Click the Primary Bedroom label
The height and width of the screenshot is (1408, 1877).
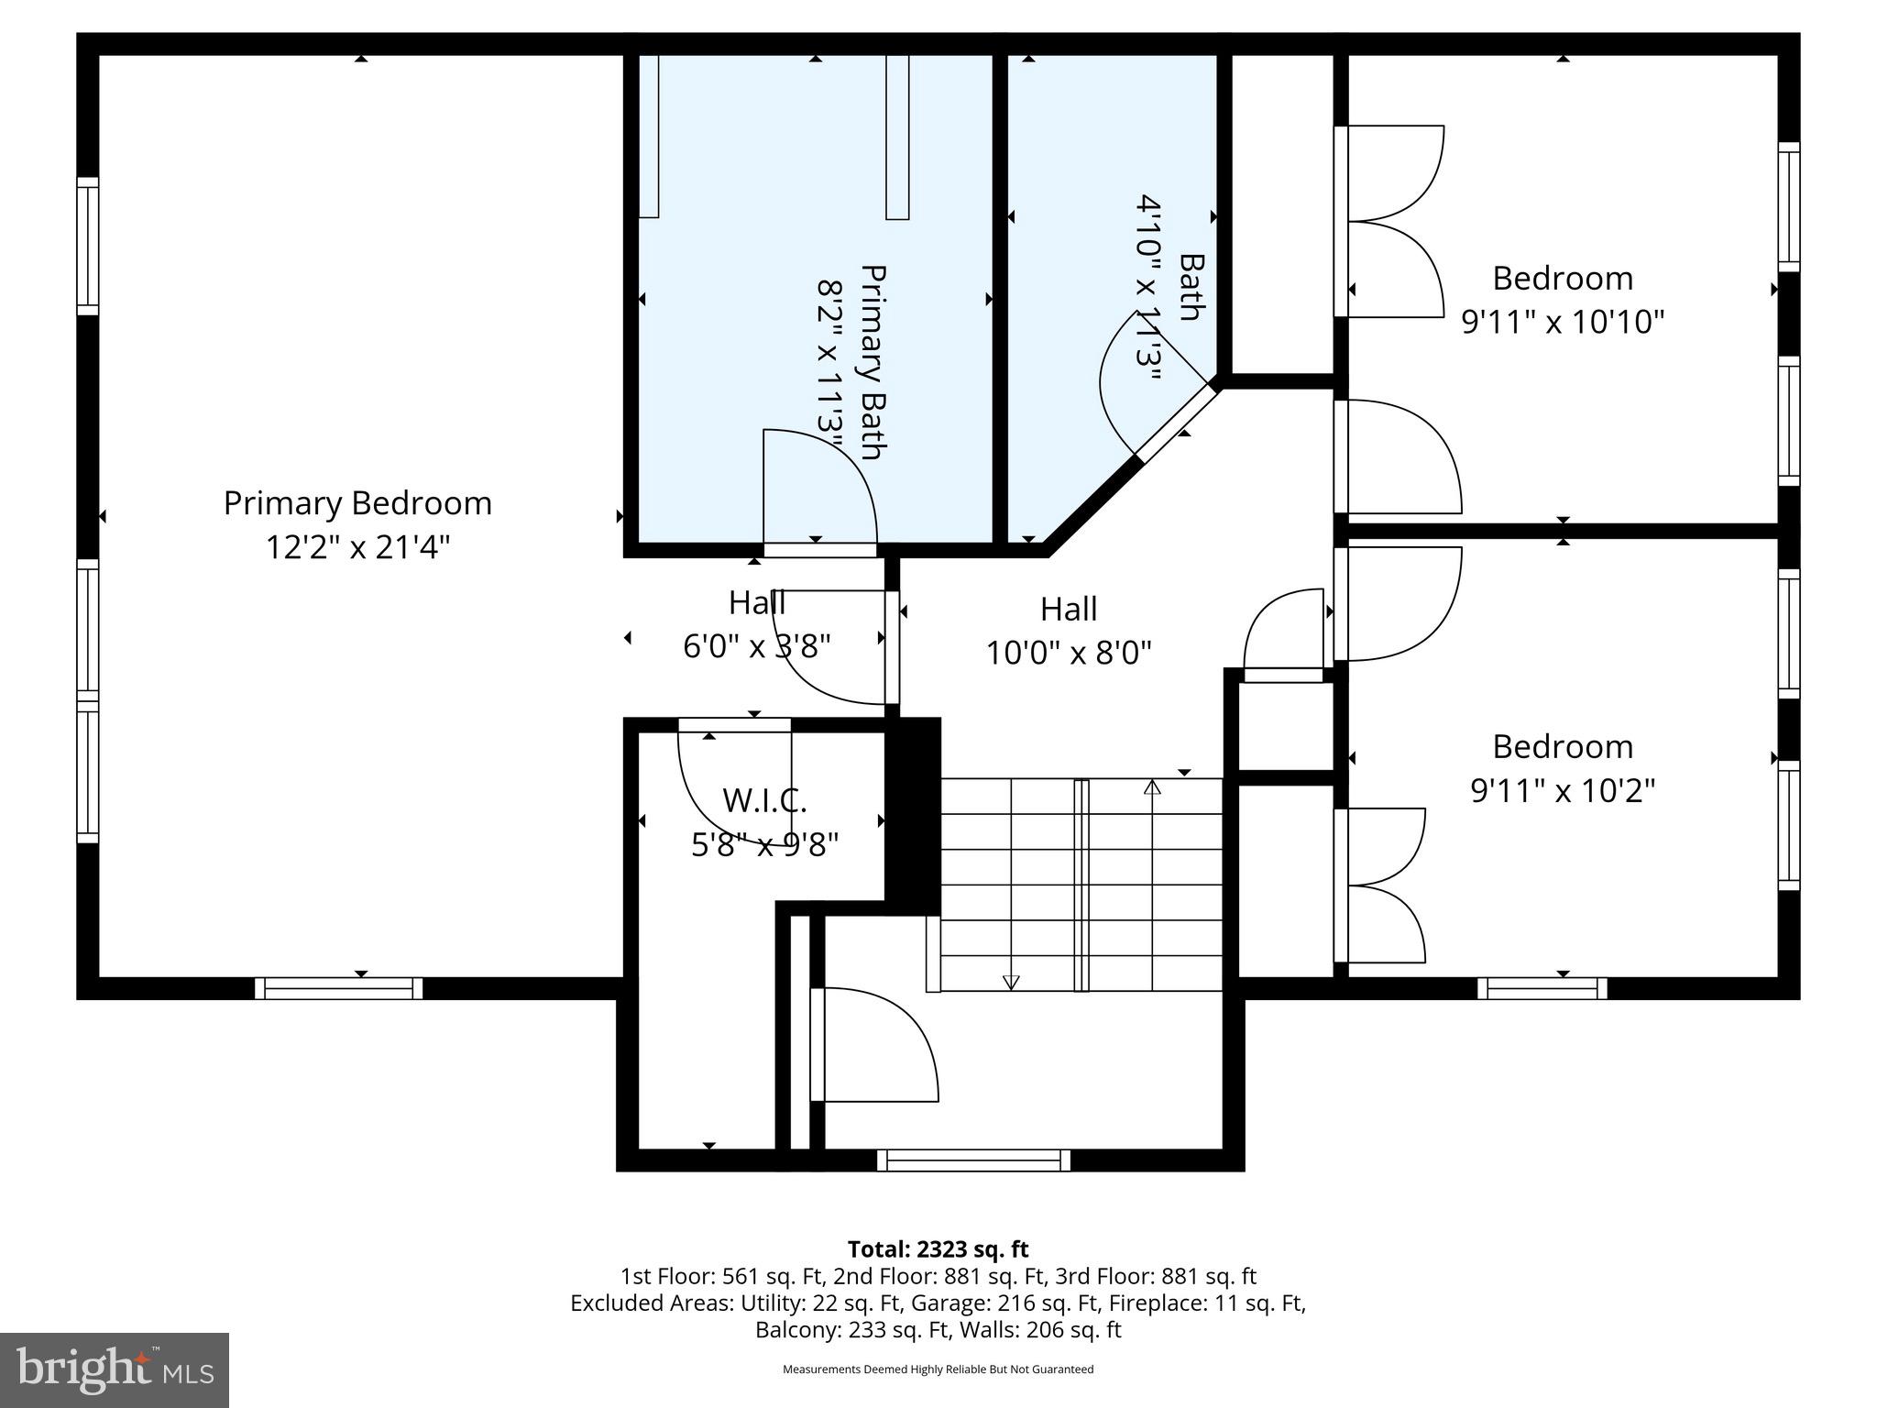(x=357, y=503)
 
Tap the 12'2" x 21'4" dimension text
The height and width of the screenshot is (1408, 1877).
(x=357, y=547)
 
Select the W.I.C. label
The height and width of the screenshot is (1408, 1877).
(x=764, y=800)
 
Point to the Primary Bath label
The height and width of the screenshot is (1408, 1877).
(x=873, y=362)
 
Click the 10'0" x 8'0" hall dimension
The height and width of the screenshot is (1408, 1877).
(x=1069, y=653)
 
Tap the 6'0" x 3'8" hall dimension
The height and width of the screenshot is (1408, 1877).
(x=757, y=646)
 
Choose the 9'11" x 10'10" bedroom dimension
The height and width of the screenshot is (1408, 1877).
(x=1563, y=322)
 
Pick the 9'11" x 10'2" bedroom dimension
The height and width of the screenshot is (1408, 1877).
(x=1563, y=790)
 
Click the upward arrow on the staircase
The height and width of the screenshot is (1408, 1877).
(x=1152, y=786)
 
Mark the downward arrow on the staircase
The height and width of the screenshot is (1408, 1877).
(x=1011, y=982)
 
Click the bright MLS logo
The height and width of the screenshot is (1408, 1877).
(x=115, y=1369)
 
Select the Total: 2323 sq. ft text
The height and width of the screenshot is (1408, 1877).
(x=938, y=1249)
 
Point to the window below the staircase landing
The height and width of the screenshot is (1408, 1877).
(x=973, y=1160)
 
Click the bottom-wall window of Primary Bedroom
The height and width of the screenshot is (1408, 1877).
(x=338, y=988)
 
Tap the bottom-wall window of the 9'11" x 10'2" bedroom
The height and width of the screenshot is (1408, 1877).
(x=1542, y=988)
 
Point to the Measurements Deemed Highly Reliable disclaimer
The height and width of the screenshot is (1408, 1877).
(x=938, y=1369)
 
